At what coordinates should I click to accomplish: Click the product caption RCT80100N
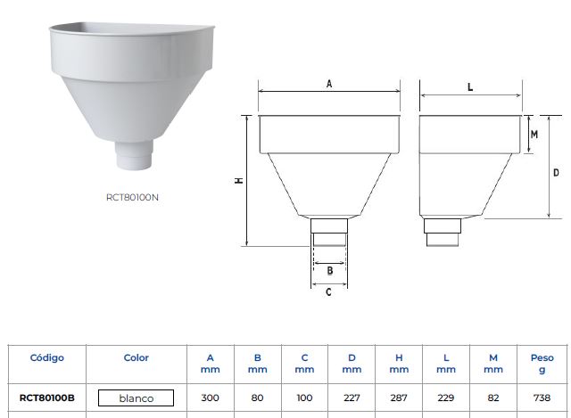[x=132, y=197]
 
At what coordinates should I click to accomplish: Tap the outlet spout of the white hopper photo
[x=134, y=154]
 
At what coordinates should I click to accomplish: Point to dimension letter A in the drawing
[x=329, y=84]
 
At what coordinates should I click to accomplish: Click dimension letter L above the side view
[x=470, y=87]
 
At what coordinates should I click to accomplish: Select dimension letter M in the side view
[x=534, y=135]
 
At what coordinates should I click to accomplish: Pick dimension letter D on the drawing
[x=556, y=172]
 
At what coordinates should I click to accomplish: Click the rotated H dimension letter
[x=239, y=180]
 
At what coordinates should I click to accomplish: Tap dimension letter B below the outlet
[x=330, y=271]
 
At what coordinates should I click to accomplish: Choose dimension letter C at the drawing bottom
[x=328, y=292]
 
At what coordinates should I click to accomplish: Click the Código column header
[x=47, y=357]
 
